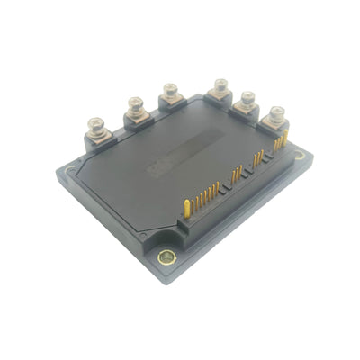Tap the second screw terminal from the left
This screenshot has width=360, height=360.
[x=136, y=103]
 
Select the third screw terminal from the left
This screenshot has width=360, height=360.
[x=169, y=91]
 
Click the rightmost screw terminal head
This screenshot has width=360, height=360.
[x=274, y=114]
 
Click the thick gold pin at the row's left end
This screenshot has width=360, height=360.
[x=185, y=207]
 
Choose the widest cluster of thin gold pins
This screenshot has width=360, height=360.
[x=207, y=193]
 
